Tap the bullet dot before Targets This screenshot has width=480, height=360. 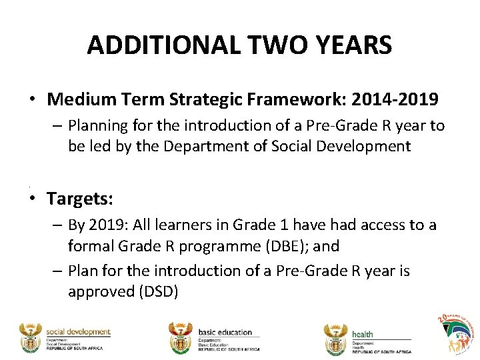[x=32, y=199]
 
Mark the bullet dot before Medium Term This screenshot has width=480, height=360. [x=32, y=101]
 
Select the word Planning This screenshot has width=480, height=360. [x=96, y=126]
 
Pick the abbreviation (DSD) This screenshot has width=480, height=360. [x=155, y=291]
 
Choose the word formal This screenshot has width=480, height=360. [x=89, y=246]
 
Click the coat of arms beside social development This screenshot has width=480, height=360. [x=30, y=338]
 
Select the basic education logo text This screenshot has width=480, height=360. [x=225, y=332]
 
